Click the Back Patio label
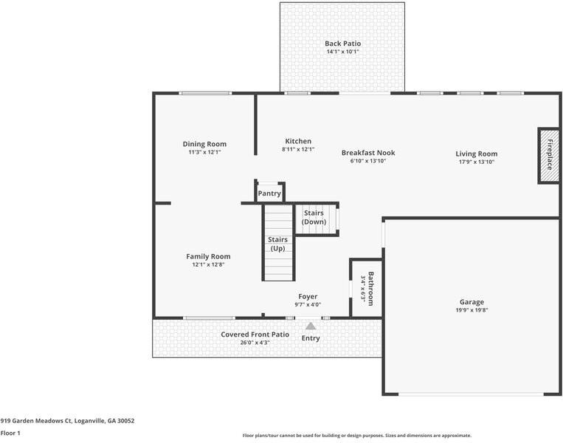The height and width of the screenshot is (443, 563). (342, 44)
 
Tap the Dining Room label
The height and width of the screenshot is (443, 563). (204, 144)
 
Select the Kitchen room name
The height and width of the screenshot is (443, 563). (298, 141)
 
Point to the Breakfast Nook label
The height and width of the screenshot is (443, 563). (367, 153)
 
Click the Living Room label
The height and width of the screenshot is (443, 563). (476, 154)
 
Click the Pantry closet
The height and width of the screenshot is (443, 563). (269, 193)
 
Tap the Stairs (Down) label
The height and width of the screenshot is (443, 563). (314, 217)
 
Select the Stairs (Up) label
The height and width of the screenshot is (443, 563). (277, 244)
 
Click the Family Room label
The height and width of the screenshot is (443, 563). (208, 256)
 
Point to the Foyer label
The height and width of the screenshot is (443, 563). (308, 296)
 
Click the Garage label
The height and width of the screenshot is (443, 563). (472, 301)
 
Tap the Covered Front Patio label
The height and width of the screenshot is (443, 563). (255, 334)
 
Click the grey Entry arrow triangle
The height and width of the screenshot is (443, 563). (311, 326)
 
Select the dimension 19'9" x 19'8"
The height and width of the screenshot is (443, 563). (472, 310)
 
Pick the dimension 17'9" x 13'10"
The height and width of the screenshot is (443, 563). (476, 162)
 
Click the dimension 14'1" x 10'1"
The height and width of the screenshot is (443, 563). (342, 52)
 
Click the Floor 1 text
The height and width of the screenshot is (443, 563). (10, 433)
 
